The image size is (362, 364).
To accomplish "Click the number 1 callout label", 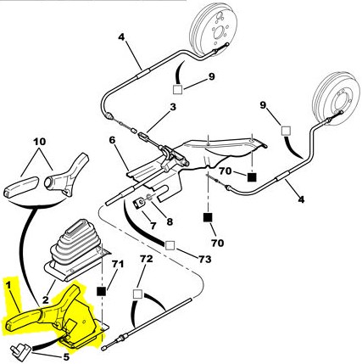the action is click(x=8, y=285).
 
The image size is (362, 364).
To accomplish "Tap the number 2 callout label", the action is click(x=46, y=300).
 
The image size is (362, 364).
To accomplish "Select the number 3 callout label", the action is click(x=173, y=107).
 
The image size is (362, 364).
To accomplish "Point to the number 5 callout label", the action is click(x=66, y=357).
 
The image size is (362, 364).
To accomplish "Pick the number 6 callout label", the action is click(x=113, y=141).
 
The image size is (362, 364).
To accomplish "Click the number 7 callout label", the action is click(x=153, y=226).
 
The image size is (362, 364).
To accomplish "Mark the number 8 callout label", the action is click(x=170, y=221).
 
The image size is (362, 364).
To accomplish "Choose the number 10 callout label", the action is click(x=40, y=142).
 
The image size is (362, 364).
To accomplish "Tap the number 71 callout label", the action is click(x=118, y=264).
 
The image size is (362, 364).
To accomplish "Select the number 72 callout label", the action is click(x=147, y=259).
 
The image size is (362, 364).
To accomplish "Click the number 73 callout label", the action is click(x=204, y=259).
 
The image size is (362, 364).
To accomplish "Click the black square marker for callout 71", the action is click(x=101, y=292).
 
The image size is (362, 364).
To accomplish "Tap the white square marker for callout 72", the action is click(x=137, y=294).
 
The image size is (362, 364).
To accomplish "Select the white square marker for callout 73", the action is click(x=170, y=246).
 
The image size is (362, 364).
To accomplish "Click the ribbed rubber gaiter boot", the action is click(x=75, y=245).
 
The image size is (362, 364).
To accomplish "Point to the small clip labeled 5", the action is click(x=19, y=350).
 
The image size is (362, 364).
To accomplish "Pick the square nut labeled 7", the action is click(x=138, y=204).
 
